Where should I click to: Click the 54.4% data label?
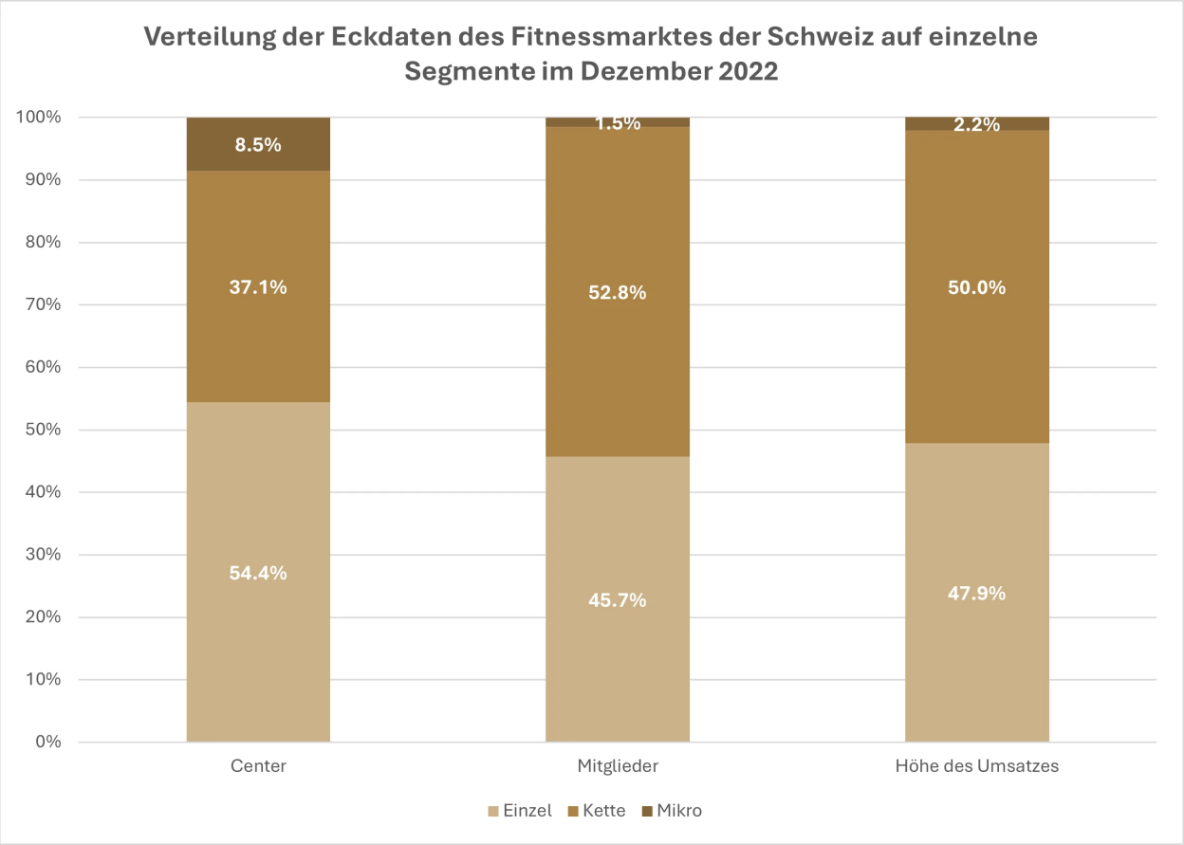pos(258,573)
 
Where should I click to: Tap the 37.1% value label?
pos(258,287)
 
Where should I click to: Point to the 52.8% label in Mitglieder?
pos(618,292)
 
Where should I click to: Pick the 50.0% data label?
pos(977,287)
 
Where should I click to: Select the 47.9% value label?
pos(977,594)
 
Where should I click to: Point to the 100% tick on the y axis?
pos(39,118)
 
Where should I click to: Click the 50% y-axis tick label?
pos(42,430)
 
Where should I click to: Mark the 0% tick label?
pos(46,742)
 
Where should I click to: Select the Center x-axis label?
pos(258,765)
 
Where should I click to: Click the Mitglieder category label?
pos(618,765)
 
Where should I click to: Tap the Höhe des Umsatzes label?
pos(977,765)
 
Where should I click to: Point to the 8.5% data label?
pos(258,145)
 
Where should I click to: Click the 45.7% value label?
pos(618,599)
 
